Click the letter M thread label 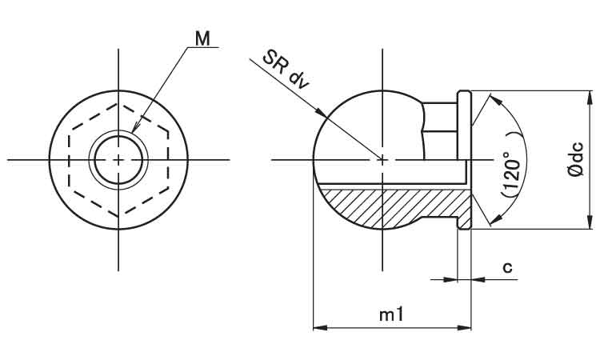pos(202,38)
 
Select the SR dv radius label pos(286,70)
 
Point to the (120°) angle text pos(511,174)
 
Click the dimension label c pos(507,267)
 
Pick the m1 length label pos(391,315)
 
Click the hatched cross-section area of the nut pos(394,206)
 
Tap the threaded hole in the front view pos(118,160)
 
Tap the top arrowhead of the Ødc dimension pos(590,98)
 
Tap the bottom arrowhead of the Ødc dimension pos(590,222)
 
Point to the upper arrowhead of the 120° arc pos(496,100)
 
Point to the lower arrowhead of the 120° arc pos(496,219)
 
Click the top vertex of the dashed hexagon pos(118,103)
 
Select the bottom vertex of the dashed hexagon pos(118,217)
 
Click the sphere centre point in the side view pos(382,159)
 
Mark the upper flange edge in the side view pos(465,91)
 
